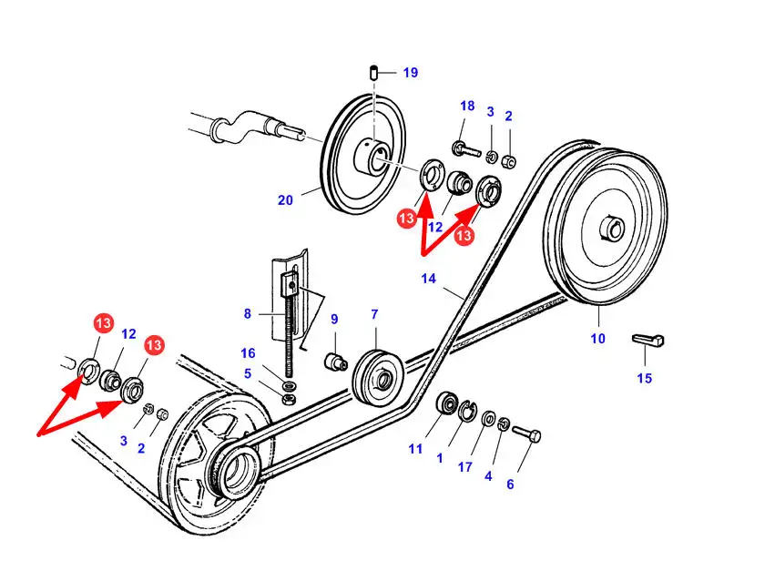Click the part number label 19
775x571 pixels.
pos(410,73)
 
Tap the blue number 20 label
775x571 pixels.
pos(285,200)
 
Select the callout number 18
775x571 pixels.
pos(467,107)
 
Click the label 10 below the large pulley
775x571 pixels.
pos(597,339)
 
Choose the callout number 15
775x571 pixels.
pos(645,378)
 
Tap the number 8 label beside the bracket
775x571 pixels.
pos(247,314)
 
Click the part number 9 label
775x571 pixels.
pos(334,320)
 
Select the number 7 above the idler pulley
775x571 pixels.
pos(374,314)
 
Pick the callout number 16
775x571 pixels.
pos(248,352)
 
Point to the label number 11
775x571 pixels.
pos(415,448)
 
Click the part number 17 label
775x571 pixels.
pos(465,467)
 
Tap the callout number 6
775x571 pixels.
pos(510,484)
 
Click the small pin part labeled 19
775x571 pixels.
pos(373,72)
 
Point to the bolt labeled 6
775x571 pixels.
pos(527,434)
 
